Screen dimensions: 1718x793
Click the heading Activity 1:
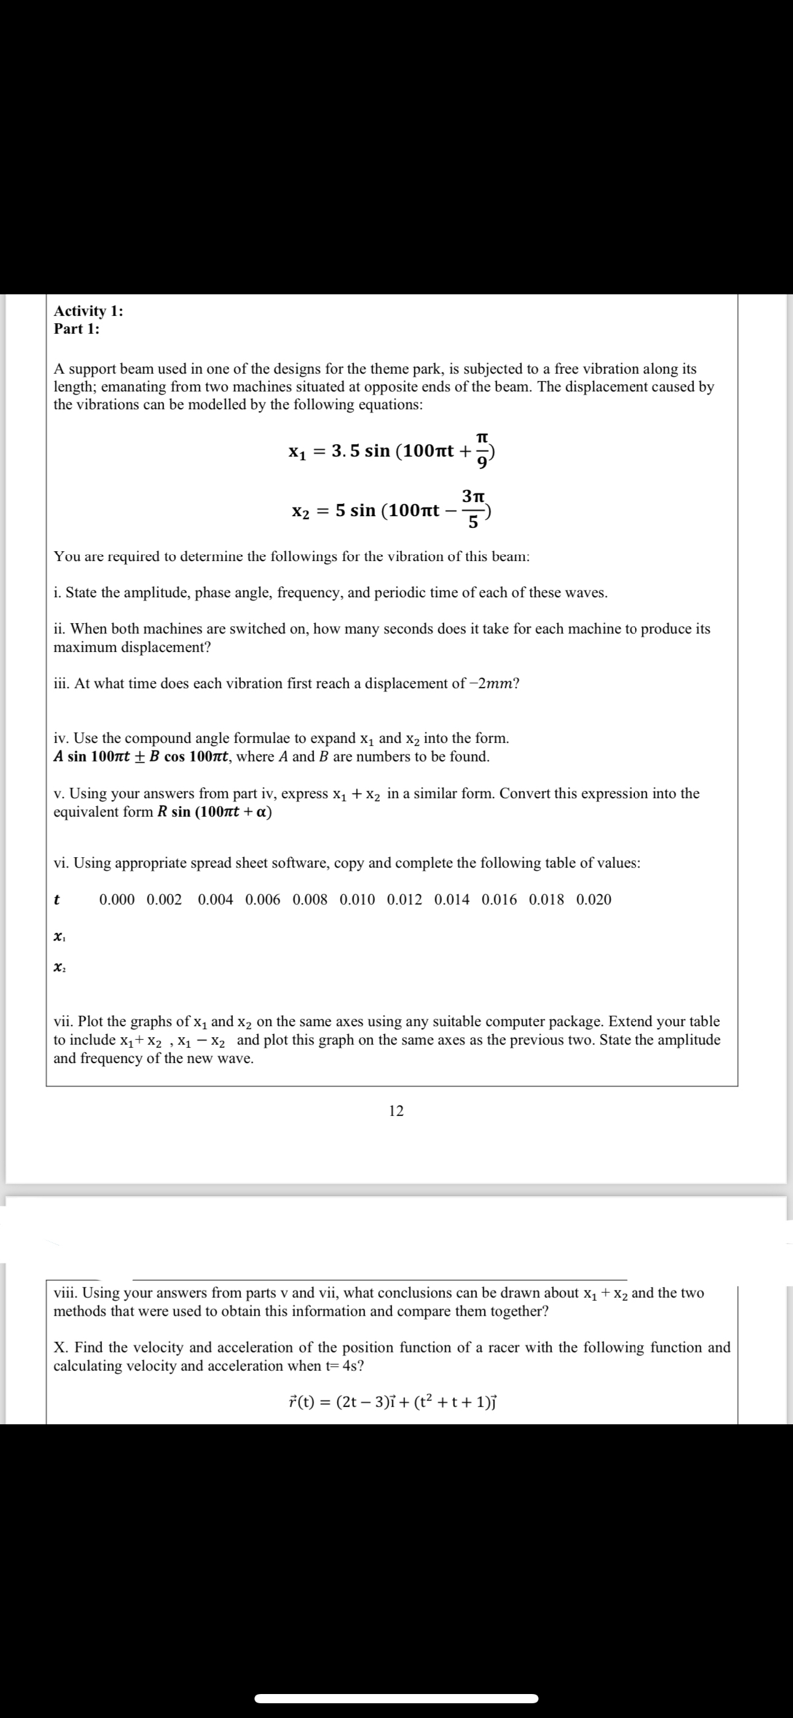88,311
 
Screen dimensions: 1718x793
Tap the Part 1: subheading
77,329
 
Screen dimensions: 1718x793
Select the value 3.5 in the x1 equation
345,451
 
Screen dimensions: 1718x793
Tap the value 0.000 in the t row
117,900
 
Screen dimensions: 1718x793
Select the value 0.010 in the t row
357,900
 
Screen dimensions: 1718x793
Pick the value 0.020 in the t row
593,900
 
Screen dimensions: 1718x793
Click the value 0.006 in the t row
263,900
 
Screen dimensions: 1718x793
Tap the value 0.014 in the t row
452,900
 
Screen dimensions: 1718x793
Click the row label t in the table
57,900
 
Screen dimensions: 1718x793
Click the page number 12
396,1110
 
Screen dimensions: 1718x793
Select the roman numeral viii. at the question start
65,1293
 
